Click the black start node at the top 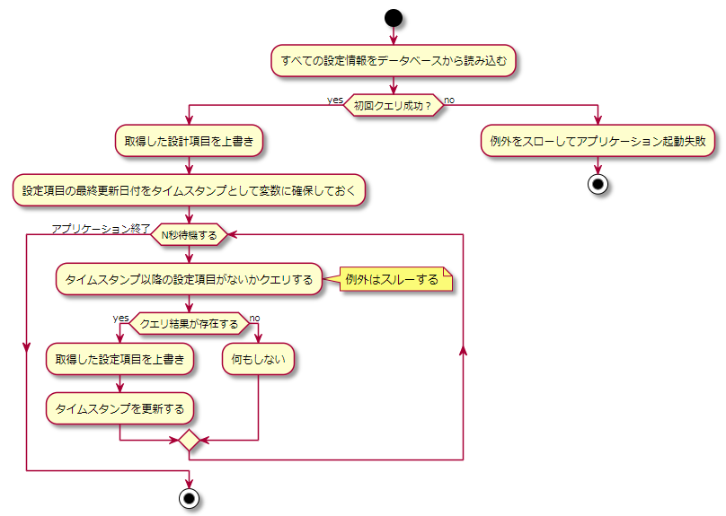pos(394,18)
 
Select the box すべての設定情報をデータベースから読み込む pos(394,61)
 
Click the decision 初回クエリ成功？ pos(394,106)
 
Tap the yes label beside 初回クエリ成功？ pos(335,100)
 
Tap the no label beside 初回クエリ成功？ pos(449,100)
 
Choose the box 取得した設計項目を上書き pos(189,141)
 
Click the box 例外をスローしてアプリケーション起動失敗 pos(598,141)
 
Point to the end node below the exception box pos(598,184)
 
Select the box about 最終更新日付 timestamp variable pos(189,190)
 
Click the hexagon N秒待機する pos(189,235)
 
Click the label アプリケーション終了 pos(101,228)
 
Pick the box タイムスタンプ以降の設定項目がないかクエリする pos(189,279)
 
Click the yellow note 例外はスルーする pos(392,279)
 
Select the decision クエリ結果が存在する pos(189,324)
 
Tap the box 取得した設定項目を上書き pos(120,359)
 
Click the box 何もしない pos(259,359)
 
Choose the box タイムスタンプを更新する pos(120,408)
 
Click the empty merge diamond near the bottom pos(189,442)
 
